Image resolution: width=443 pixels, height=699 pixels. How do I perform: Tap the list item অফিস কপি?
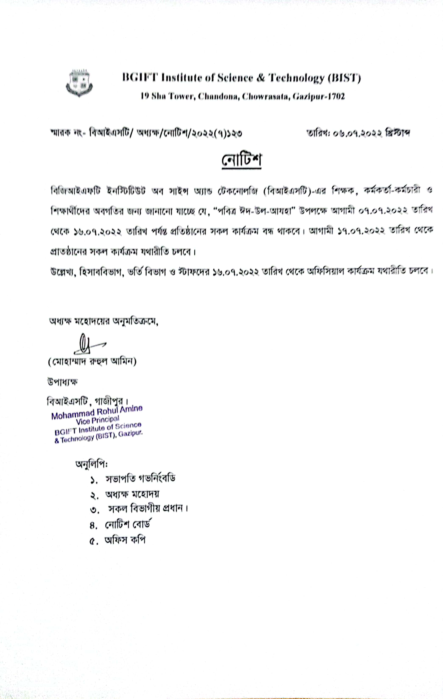[x=125, y=540]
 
